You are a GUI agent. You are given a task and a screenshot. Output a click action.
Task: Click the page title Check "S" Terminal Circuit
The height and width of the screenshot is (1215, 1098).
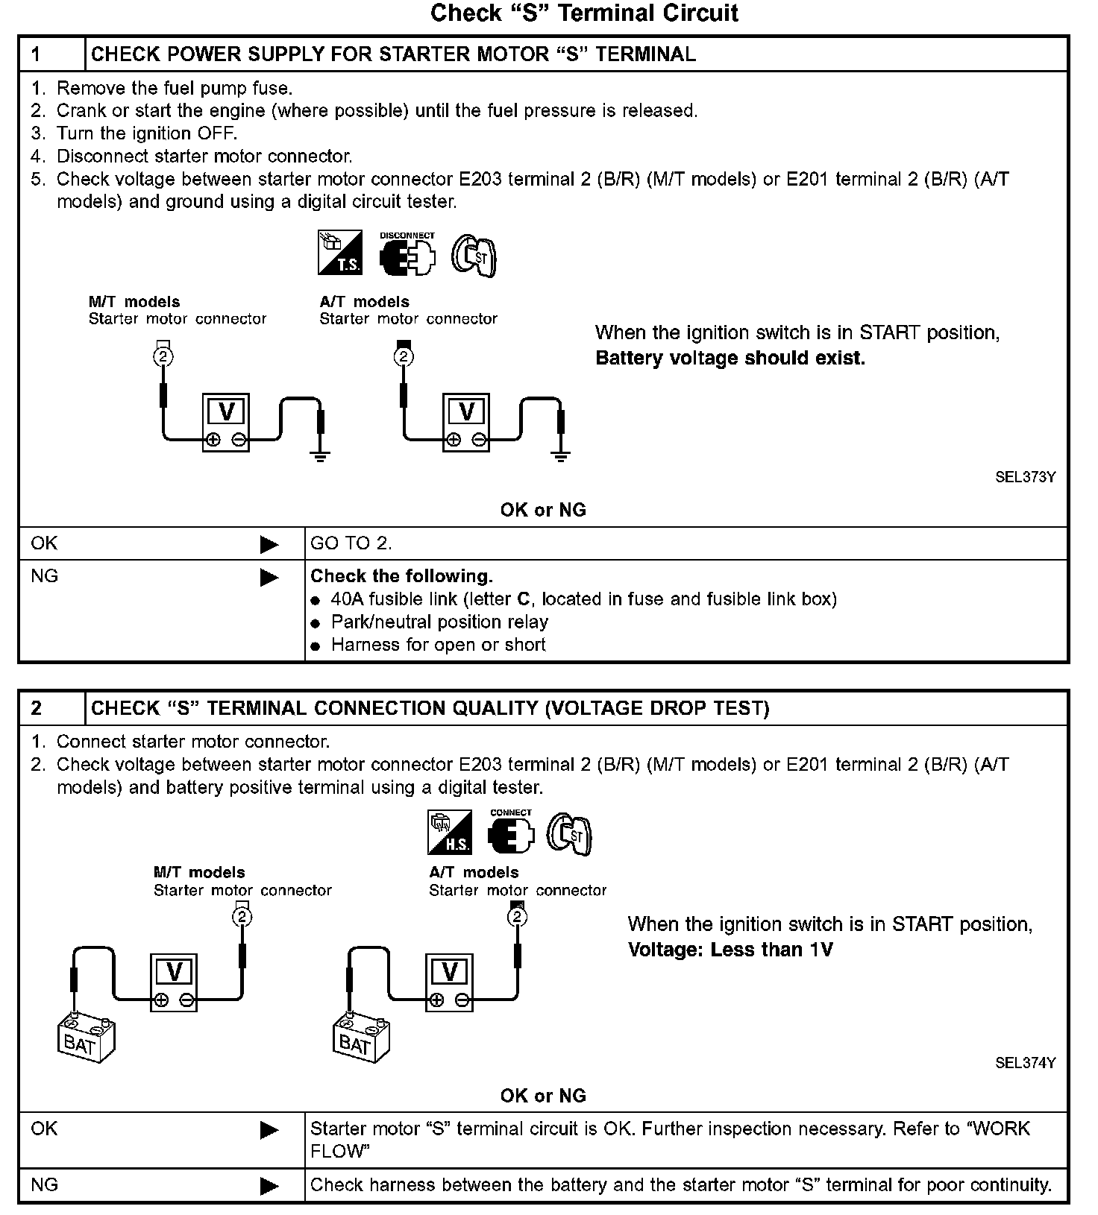(x=584, y=13)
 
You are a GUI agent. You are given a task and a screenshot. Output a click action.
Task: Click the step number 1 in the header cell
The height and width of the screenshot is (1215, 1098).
(x=37, y=54)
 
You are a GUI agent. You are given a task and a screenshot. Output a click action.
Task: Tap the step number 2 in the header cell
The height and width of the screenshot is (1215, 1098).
(x=37, y=708)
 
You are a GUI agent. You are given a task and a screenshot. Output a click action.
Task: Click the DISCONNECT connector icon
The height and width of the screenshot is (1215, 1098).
(x=407, y=255)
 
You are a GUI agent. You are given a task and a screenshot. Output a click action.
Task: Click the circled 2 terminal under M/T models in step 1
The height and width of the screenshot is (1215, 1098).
(x=163, y=356)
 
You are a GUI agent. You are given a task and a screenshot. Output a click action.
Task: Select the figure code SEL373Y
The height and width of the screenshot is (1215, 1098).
(x=1025, y=477)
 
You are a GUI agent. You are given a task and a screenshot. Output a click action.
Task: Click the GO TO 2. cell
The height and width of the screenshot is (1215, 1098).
(x=351, y=543)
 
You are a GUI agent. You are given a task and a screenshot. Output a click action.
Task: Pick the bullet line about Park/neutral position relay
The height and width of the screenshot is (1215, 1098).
(x=439, y=622)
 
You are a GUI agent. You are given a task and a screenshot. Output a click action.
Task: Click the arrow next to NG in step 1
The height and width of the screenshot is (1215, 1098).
(x=269, y=578)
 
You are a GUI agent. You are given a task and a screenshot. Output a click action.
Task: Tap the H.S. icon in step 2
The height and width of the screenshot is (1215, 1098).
(x=450, y=832)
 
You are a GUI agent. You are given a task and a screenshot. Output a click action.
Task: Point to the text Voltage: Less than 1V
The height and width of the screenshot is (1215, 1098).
(x=730, y=950)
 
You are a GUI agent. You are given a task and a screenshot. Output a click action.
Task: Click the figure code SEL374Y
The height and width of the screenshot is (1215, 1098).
(x=1025, y=1063)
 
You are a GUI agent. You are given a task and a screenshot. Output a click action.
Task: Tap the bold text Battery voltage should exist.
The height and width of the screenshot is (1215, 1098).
(x=730, y=359)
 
